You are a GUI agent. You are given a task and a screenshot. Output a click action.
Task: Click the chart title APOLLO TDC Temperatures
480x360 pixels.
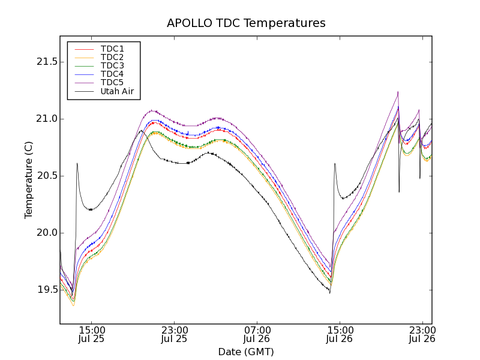(246, 23)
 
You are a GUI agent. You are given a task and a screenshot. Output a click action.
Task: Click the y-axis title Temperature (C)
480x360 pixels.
(29, 180)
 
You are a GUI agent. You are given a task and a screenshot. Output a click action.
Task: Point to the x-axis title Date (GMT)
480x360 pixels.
(246, 352)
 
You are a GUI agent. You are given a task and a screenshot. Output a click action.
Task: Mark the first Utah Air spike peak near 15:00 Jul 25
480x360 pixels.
(77, 163)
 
